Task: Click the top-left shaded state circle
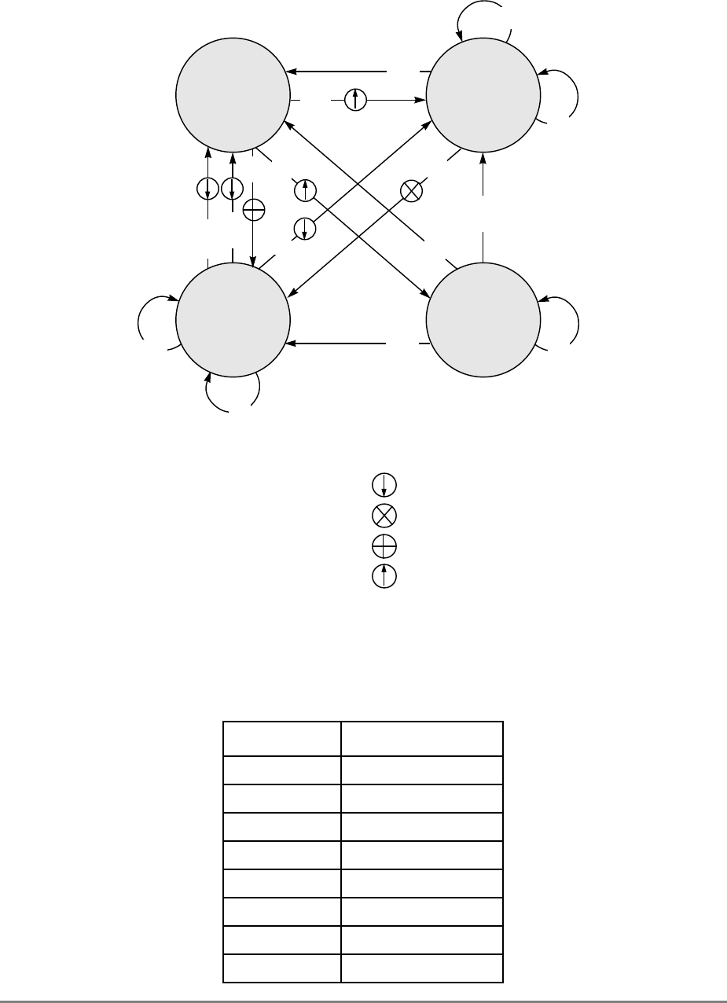coord(233,94)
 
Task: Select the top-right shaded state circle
coord(483,94)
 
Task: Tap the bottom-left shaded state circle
coord(233,321)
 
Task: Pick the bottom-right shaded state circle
coord(483,321)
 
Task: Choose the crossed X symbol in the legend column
coord(384,516)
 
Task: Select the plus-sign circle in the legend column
coord(384,546)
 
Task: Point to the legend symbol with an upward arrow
coord(384,575)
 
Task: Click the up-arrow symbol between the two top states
coord(356,100)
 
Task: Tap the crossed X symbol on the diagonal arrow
coord(411,190)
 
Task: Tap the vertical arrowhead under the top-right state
coord(483,156)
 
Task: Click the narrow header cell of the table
coord(282,739)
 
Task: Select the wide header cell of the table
coord(421,739)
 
